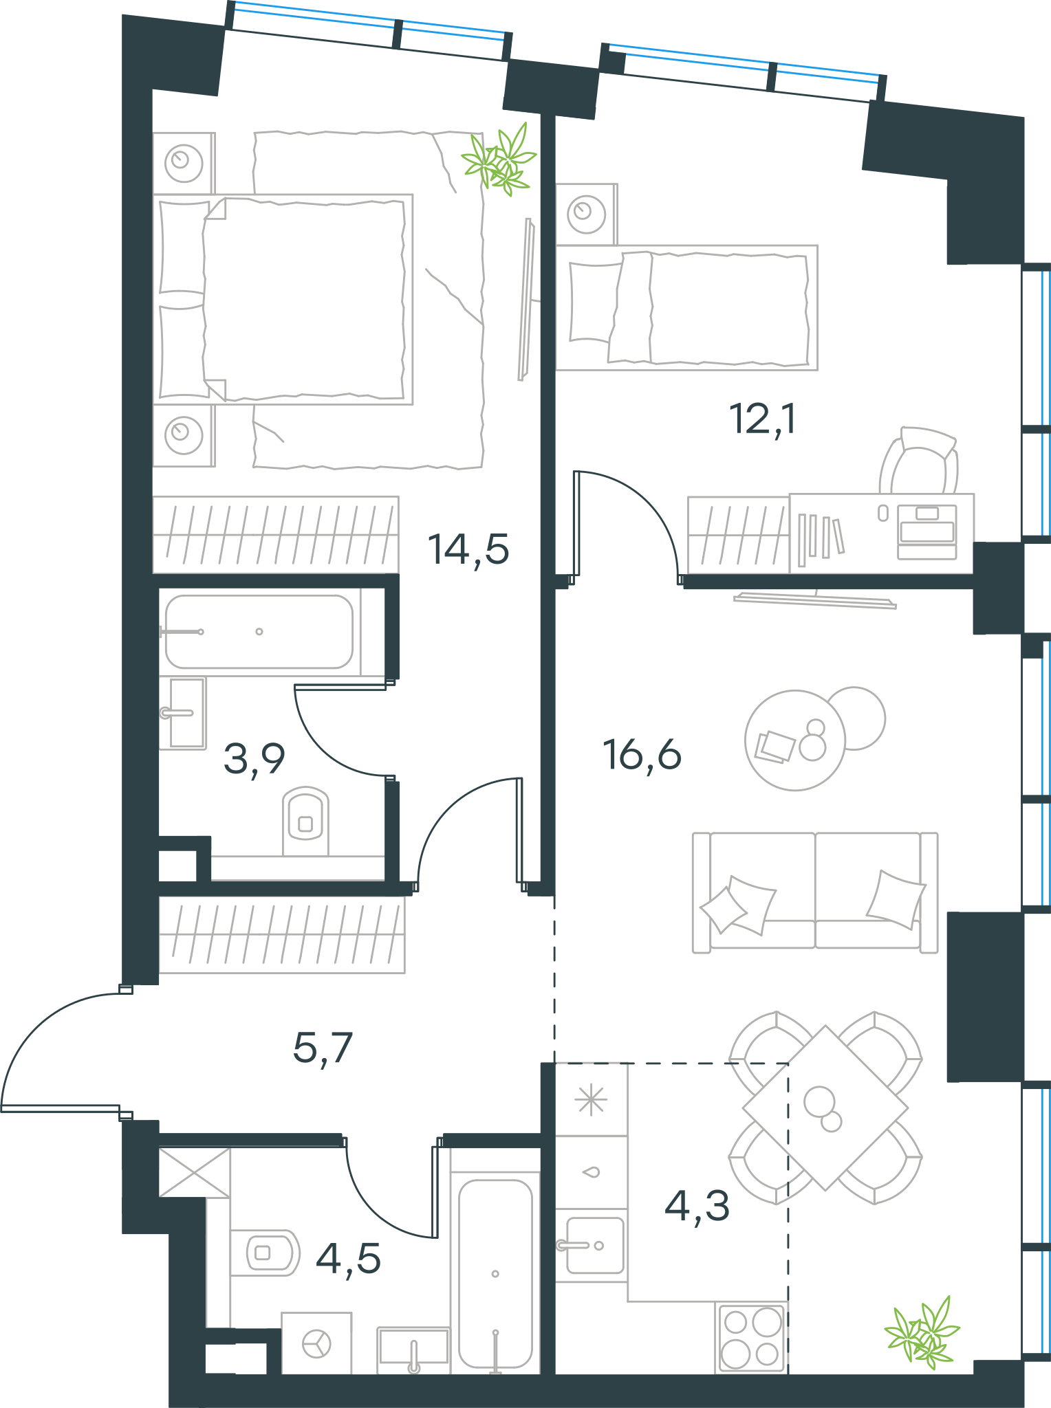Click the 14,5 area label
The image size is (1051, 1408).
tap(468, 549)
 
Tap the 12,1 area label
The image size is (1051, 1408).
tap(763, 419)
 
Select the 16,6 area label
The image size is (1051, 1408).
tap(642, 754)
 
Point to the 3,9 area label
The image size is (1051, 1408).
tap(254, 760)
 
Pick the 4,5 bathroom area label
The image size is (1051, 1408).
tap(348, 1258)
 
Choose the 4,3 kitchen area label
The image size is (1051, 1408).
tap(697, 1205)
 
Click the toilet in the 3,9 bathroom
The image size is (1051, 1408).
tap(305, 821)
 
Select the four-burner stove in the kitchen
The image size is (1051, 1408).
tap(751, 1337)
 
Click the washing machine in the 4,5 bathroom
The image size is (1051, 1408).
tap(316, 1343)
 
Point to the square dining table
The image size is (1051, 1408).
tap(825, 1108)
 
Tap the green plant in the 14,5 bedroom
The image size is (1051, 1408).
tap(499, 159)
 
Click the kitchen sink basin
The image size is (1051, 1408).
tap(595, 1245)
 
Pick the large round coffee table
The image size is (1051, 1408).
tap(795, 740)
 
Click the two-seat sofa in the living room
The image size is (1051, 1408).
tap(815, 892)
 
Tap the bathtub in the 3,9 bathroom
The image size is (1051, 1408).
tap(259, 632)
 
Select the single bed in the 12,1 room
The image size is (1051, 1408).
tap(687, 307)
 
